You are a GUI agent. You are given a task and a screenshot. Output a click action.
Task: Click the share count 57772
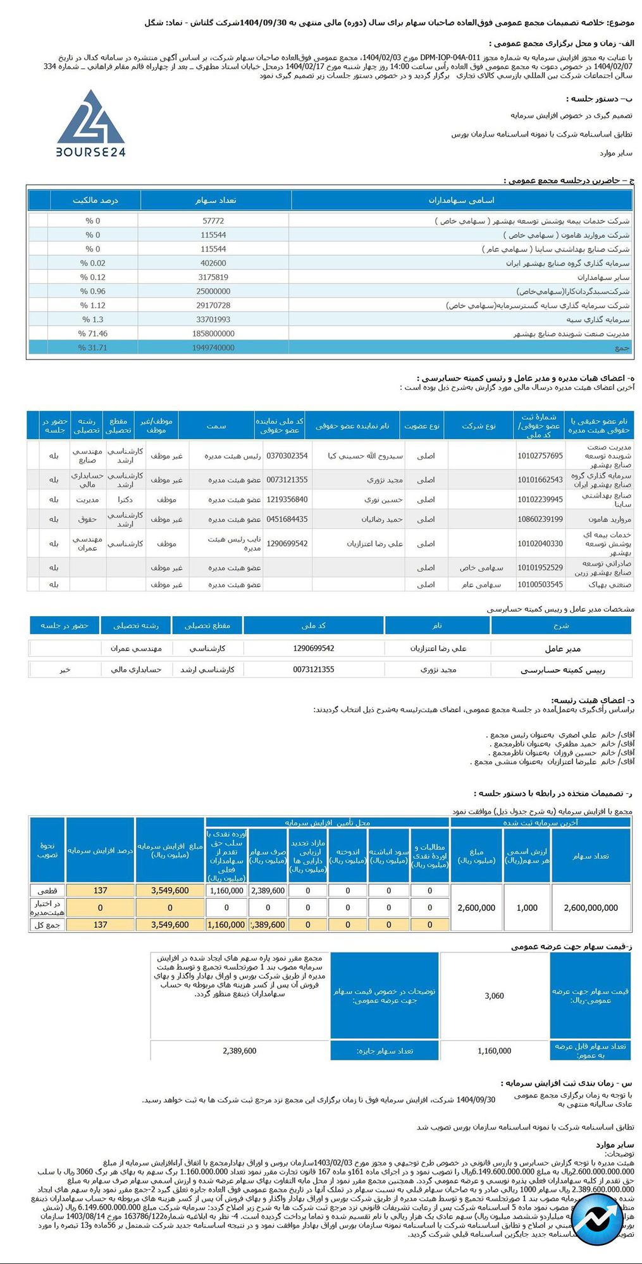click(x=213, y=221)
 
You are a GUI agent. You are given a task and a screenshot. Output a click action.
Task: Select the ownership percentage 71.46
click(x=93, y=334)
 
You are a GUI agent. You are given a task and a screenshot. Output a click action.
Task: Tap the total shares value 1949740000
click(x=213, y=348)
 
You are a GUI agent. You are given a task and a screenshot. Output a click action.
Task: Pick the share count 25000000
click(x=213, y=291)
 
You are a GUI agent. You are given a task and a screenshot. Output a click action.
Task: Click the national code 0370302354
click(x=287, y=456)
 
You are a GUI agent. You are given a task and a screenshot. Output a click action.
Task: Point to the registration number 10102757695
click(x=540, y=456)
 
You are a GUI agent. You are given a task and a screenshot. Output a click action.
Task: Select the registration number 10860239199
click(x=540, y=520)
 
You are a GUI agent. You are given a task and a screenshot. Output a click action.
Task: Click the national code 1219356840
click(x=287, y=499)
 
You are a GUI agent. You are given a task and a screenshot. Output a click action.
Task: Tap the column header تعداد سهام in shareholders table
click(x=216, y=200)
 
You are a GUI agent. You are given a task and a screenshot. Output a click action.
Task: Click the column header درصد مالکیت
click(x=96, y=200)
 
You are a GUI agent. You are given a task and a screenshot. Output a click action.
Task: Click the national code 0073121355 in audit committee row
click(x=314, y=669)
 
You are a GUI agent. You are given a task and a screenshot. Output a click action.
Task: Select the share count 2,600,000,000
click(x=591, y=908)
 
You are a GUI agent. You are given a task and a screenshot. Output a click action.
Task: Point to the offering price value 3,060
click(x=494, y=996)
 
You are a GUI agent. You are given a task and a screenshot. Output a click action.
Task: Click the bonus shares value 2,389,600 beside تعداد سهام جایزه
click(x=240, y=1051)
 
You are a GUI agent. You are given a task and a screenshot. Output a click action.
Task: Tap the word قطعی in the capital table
click(x=47, y=890)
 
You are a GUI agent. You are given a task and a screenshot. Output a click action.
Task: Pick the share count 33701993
click(x=213, y=320)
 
